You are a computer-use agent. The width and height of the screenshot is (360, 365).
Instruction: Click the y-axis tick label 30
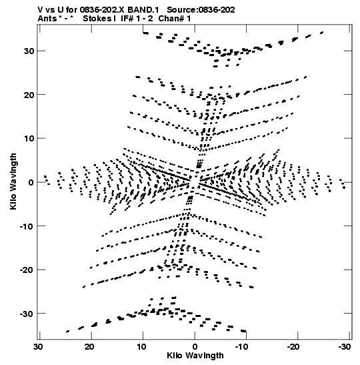click(29, 51)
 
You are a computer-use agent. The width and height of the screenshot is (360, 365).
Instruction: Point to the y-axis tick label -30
click(27, 314)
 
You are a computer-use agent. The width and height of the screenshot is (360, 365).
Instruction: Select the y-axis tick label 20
click(29, 95)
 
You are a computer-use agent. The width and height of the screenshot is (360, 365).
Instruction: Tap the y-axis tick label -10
click(27, 226)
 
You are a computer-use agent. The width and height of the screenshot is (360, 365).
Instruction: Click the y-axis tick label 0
click(31, 183)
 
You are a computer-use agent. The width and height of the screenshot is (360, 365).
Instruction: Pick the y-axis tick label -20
click(27, 270)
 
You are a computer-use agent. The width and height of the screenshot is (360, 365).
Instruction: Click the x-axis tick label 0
click(195, 347)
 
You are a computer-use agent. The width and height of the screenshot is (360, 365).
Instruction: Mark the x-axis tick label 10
click(141, 347)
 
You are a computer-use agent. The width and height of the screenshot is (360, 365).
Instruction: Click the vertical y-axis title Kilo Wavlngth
click(13, 181)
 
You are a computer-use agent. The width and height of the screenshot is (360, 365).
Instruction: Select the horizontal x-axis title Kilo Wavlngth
click(195, 356)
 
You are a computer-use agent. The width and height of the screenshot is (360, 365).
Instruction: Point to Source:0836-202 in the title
click(201, 10)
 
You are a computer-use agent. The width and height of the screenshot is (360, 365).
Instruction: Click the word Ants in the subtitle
click(47, 19)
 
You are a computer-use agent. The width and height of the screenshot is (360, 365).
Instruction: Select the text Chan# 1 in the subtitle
click(175, 19)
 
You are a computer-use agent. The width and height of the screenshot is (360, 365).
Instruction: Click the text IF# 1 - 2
click(137, 19)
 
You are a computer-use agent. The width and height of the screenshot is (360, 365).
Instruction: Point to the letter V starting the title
click(40, 10)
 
